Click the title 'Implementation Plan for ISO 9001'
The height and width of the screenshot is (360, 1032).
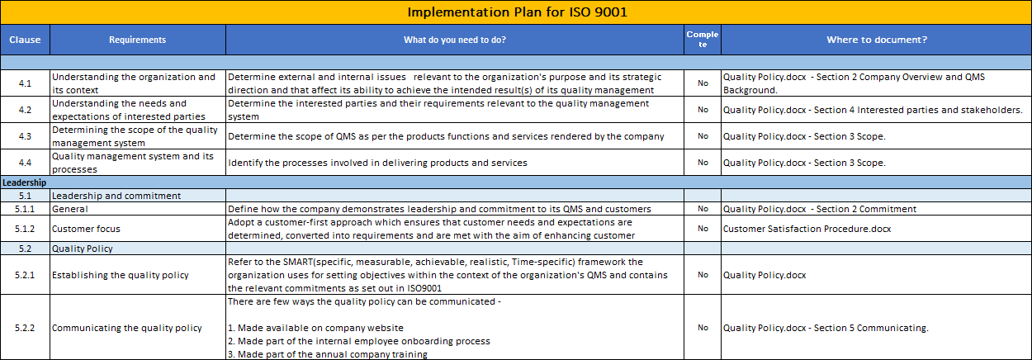pyautogui.click(x=517, y=12)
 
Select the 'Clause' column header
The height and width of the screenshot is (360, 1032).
pyautogui.click(x=25, y=40)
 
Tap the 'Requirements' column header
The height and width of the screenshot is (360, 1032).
pyautogui.click(x=137, y=40)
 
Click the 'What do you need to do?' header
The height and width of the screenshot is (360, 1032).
pyautogui.click(x=455, y=40)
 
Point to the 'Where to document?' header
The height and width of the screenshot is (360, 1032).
pyautogui.click(x=877, y=40)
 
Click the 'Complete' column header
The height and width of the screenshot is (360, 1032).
pyautogui.click(x=702, y=39)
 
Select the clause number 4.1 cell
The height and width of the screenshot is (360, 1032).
pyautogui.click(x=25, y=83)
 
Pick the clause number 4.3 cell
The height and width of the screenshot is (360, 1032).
pyautogui.click(x=25, y=136)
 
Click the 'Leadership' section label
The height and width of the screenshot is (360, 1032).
pyautogui.click(x=24, y=182)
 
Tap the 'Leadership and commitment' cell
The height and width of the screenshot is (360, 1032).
pyautogui.click(x=116, y=196)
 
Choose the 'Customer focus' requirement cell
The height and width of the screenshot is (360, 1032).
pyautogui.click(x=86, y=229)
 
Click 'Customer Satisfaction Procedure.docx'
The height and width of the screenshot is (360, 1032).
pyautogui.click(x=807, y=229)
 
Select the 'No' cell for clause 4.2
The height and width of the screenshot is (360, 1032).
pyautogui.click(x=703, y=110)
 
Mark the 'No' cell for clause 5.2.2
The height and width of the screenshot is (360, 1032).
pyautogui.click(x=703, y=328)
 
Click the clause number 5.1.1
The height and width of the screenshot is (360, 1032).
pyautogui.click(x=25, y=209)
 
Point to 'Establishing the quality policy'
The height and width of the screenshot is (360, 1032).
pyautogui.click(x=121, y=275)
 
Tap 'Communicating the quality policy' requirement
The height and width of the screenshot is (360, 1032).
pyautogui.click(x=126, y=328)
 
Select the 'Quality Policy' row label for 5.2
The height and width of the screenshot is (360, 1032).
pyautogui.click(x=82, y=249)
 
